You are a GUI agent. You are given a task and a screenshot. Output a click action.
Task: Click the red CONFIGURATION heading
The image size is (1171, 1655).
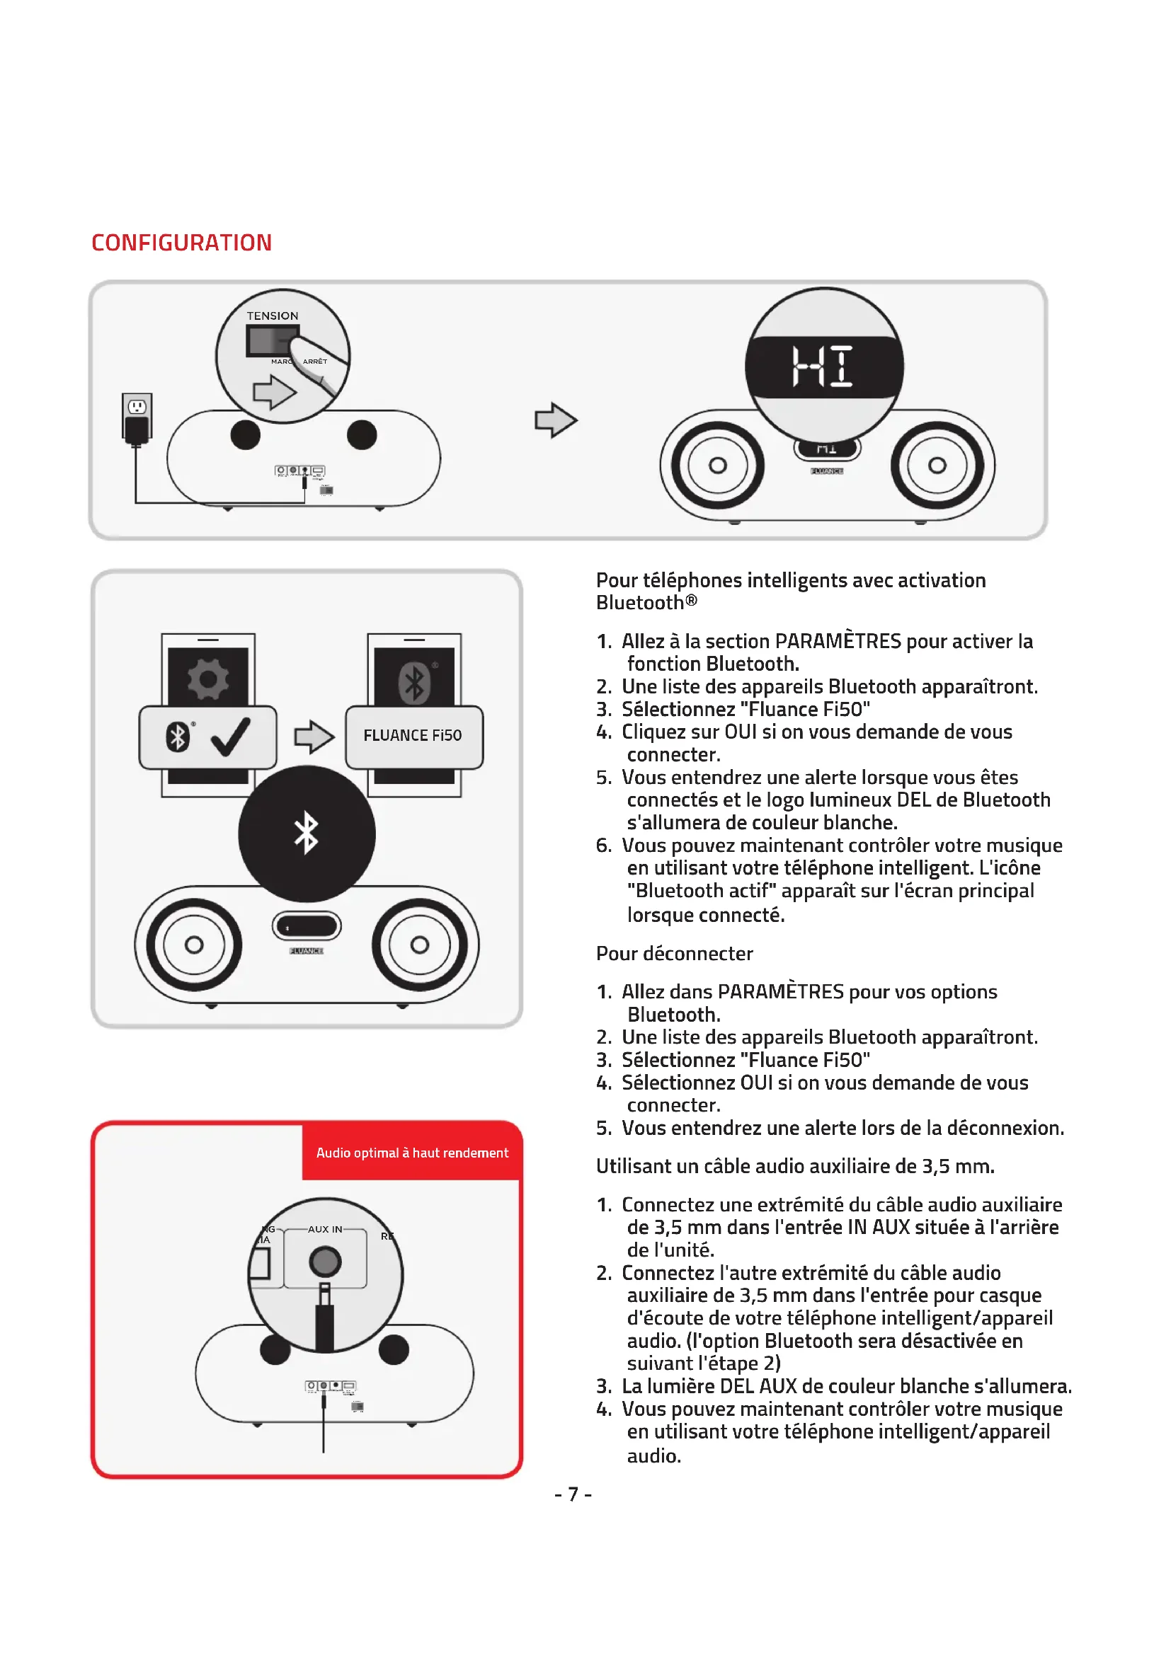tap(181, 243)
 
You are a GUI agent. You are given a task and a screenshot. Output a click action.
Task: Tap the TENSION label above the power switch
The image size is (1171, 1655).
tap(272, 316)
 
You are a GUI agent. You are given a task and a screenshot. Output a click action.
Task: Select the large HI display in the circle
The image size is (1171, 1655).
tap(823, 367)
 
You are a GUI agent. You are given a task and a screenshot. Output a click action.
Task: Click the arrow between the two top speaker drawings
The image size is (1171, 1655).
tap(555, 420)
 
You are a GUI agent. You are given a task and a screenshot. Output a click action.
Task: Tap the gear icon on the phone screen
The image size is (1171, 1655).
tap(207, 679)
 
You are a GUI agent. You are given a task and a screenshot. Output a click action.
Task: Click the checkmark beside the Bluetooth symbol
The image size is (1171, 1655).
tap(231, 737)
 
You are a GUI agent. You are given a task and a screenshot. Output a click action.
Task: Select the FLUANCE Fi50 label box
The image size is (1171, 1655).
tap(413, 736)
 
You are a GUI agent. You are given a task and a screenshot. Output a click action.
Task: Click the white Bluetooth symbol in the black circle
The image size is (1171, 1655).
tap(307, 834)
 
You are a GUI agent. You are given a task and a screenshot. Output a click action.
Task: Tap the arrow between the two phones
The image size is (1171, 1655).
tap(314, 737)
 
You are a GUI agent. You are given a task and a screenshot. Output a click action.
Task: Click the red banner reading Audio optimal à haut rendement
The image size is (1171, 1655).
tap(412, 1153)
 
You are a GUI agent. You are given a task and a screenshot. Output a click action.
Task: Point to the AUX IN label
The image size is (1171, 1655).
tap(324, 1229)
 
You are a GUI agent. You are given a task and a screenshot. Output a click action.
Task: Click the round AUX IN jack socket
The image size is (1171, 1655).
tap(324, 1262)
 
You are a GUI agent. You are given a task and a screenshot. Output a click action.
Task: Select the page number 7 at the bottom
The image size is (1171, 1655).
tap(573, 1494)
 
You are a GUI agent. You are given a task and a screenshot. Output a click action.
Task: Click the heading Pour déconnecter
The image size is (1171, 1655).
tap(674, 954)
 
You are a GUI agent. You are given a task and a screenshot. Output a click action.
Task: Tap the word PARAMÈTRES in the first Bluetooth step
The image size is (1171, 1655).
tap(837, 641)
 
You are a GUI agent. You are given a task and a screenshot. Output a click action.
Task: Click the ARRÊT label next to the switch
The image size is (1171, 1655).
tap(315, 361)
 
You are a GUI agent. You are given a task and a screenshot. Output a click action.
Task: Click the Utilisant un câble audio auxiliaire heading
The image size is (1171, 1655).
tap(794, 1166)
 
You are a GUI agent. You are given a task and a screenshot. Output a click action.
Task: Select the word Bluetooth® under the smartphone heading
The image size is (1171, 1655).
tap(646, 603)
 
